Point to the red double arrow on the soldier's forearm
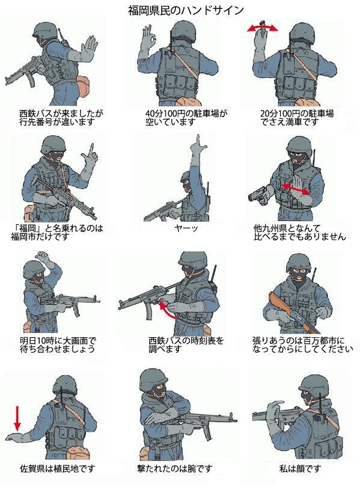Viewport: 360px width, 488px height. coord(297,189)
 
